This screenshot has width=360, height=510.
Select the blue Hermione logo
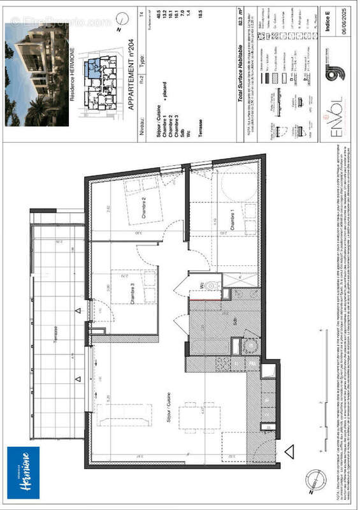click(23, 472)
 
